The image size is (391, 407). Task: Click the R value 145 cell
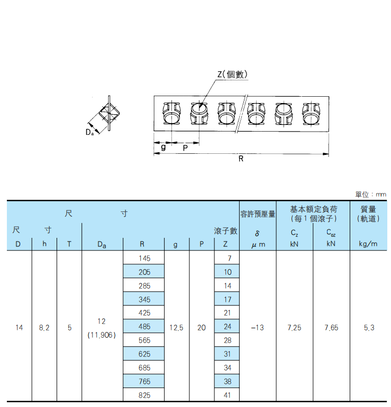(x=144, y=258)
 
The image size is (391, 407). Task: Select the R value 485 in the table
(x=144, y=327)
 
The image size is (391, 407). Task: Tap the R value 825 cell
(x=144, y=395)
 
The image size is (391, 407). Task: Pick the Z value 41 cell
(x=228, y=395)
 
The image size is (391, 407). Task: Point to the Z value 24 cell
(x=228, y=327)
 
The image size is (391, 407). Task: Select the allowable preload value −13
(x=258, y=328)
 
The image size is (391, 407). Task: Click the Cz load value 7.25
(x=294, y=328)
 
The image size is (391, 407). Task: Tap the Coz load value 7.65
(x=331, y=328)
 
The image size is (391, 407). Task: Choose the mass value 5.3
(x=369, y=328)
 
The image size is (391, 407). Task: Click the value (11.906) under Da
(x=102, y=335)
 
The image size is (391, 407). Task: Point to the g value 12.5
(x=176, y=328)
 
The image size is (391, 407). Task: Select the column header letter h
(x=44, y=244)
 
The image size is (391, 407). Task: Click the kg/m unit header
(x=368, y=244)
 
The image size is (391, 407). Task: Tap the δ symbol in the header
(x=257, y=233)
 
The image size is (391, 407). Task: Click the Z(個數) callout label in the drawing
(x=232, y=75)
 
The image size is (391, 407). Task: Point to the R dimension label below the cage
(x=241, y=159)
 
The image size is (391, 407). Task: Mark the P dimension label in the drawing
(x=185, y=148)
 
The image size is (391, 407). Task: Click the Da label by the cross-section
(x=89, y=132)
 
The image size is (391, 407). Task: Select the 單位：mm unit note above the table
(x=371, y=194)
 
